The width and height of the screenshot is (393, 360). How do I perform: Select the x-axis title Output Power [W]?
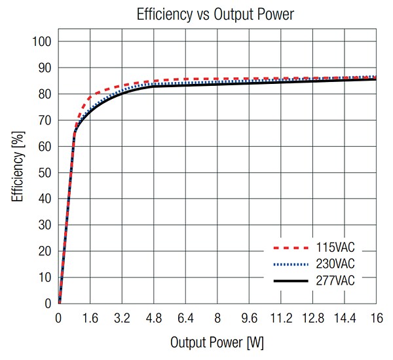[x=217, y=342]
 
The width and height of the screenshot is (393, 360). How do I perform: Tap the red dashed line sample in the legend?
[x=289, y=249]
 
